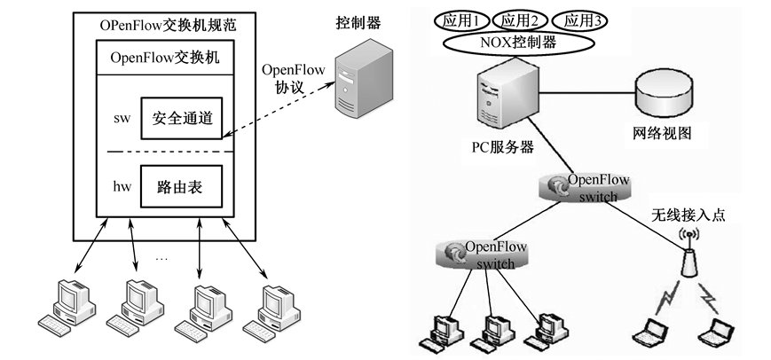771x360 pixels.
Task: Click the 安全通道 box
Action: click(x=181, y=117)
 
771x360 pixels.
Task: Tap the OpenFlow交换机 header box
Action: click(x=164, y=58)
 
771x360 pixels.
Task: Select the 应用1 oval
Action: click(x=459, y=19)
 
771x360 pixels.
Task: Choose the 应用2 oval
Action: click(x=519, y=19)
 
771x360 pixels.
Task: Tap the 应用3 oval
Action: click(x=579, y=19)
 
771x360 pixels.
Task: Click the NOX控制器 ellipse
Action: click(x=519, y=41)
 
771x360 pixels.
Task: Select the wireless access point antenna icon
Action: click(x=688, y=253)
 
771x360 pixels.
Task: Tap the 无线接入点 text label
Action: click(x=688, y=215)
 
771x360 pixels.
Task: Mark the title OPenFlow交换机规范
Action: click(x=163, y=21)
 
